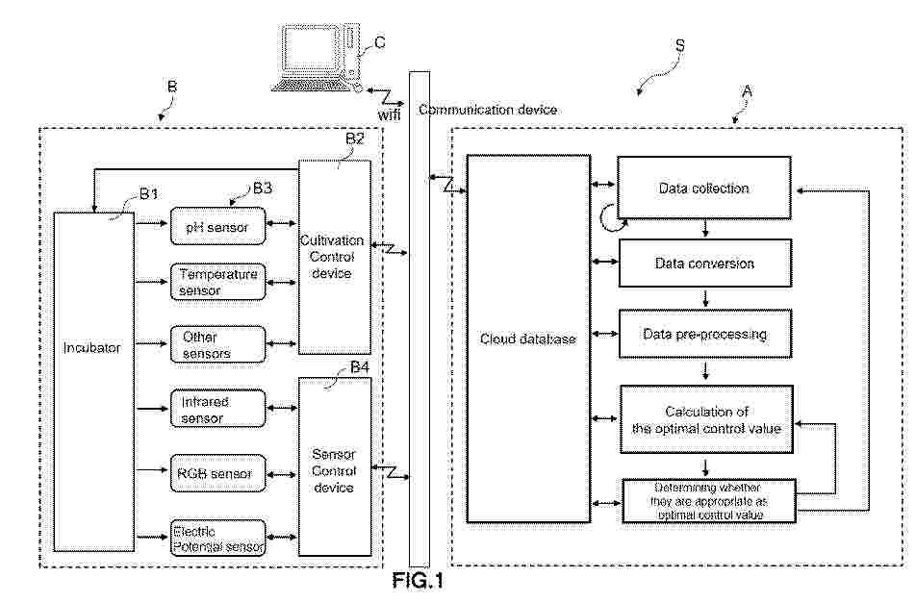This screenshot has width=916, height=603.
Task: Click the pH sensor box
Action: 217,227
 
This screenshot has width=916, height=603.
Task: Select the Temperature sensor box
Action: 217,282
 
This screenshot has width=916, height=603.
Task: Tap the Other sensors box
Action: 217,344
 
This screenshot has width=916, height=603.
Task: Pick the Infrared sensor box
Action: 217,409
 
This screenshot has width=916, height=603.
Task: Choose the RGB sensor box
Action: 217,473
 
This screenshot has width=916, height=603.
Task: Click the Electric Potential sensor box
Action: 217,539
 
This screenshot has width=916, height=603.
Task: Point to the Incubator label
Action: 91,348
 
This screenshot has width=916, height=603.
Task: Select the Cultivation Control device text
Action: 332,257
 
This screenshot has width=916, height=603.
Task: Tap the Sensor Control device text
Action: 334,470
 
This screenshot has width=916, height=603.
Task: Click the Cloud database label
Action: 528,339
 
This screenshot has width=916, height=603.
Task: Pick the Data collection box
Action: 704,188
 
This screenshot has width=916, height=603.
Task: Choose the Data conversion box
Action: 705,263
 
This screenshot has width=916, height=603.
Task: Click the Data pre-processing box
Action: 705,334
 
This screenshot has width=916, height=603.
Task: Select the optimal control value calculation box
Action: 706,419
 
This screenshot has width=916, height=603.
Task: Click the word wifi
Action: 389,115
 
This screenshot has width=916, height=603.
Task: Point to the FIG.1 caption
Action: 418,581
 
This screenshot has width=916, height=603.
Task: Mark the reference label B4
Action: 360,367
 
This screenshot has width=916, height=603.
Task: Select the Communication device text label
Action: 488,110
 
